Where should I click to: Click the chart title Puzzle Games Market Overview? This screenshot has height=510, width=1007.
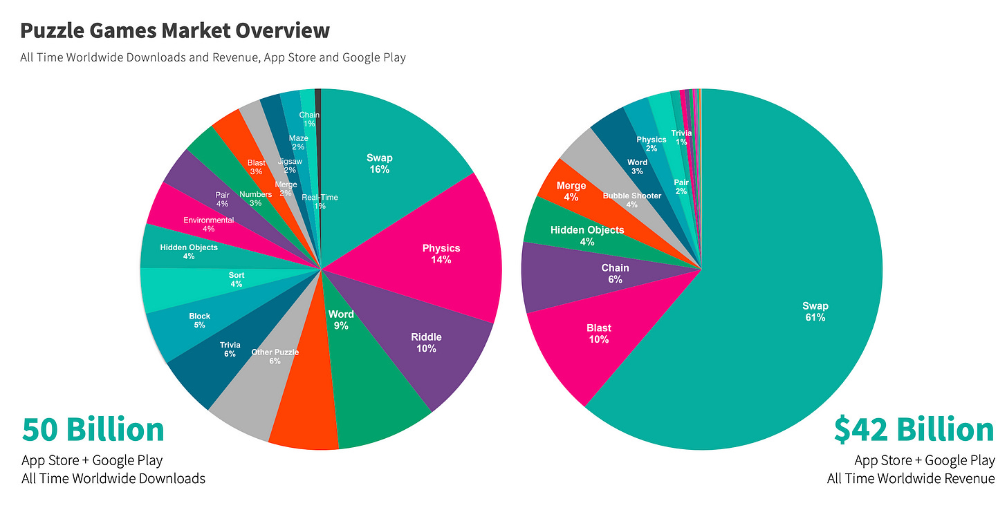[x=175, y=31]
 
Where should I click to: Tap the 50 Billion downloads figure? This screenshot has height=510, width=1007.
[x=93, y=429]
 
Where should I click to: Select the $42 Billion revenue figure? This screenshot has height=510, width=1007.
[x=914, y=429]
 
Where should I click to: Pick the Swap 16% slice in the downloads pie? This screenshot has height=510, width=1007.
[x=379, y=164]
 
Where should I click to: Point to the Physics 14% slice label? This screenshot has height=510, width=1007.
[x=441, y=254]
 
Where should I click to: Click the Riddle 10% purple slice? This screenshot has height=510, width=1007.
[x=426, y=343]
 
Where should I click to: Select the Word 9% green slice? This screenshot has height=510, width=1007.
[x=341, y=319]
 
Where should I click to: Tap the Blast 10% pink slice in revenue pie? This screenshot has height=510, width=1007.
[x=599, y=334]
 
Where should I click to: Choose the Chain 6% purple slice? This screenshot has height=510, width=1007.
[x=615, y=274]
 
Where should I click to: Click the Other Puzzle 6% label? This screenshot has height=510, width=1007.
[x=275, y=357]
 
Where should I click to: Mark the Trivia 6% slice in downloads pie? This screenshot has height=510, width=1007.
[x=230, y=349]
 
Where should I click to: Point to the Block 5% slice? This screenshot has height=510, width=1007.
[x=199, y=321]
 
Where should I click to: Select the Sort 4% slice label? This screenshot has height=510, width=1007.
[x=236, y=279]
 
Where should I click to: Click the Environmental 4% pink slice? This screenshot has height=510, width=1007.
[x=208, y=225]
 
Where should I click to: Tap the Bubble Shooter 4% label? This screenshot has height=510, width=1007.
[x=631, y=200]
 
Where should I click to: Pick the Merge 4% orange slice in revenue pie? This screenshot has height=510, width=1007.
[x=571, y=191]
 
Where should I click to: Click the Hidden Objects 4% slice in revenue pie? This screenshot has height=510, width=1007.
[x=587, y=235]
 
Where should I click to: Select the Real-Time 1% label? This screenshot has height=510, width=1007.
[x=320, y=201]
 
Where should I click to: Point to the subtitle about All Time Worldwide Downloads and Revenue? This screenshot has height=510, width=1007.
[x=213, y=57]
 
